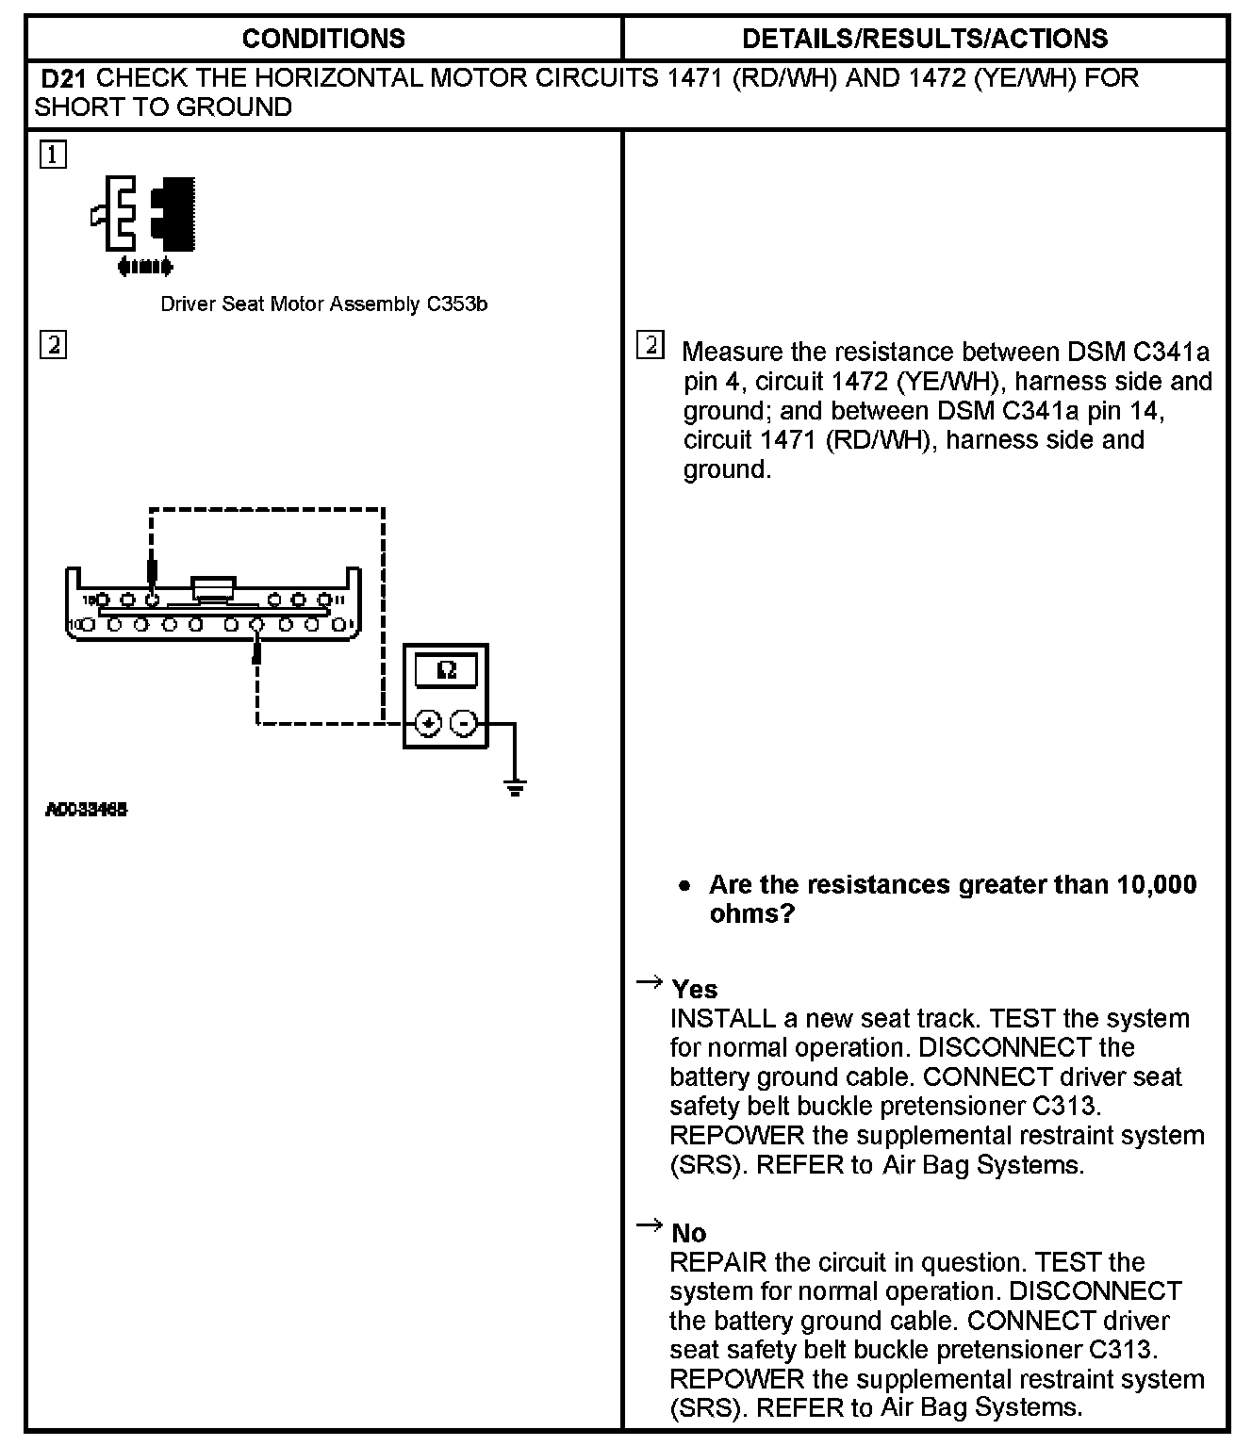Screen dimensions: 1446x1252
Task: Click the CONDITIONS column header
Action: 323,39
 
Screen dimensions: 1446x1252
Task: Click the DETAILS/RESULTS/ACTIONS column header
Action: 925,39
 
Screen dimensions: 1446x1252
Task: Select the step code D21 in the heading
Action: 64,78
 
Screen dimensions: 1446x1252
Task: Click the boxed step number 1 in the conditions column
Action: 53,155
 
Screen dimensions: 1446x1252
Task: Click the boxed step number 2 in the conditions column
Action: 53,345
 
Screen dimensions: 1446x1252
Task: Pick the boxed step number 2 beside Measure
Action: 651,345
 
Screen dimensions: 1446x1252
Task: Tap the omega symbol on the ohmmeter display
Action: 447,670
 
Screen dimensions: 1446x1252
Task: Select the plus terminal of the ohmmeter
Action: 428,723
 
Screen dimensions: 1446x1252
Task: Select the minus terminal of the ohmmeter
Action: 464,723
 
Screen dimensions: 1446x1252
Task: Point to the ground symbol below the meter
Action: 515,786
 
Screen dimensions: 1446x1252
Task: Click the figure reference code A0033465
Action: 86,810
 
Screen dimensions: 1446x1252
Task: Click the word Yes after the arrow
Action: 695,990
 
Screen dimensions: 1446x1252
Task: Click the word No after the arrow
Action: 689,1234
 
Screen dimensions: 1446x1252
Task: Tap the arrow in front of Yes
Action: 649,983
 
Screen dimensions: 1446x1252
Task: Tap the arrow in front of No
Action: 649,1225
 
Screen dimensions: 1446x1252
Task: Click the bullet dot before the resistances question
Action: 685,886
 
